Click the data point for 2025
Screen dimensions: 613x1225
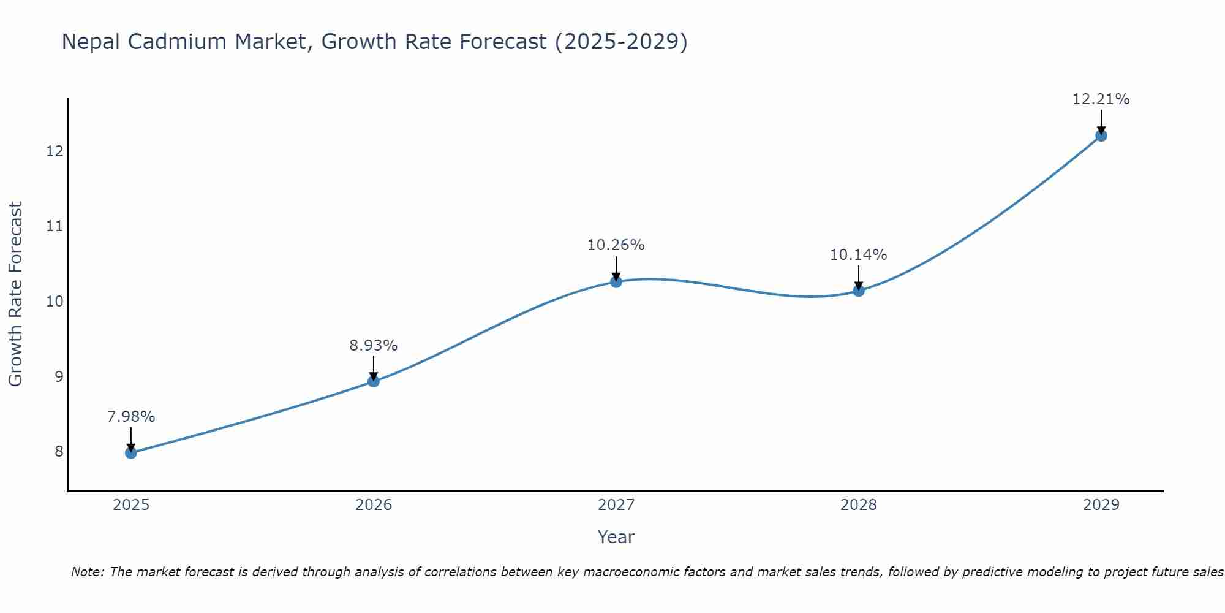(131, 453)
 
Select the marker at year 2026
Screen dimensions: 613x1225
(374, 381)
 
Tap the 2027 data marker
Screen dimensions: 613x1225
(616, 282)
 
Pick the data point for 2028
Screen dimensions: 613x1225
(859, 291)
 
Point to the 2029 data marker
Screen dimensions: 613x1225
(1101, 135)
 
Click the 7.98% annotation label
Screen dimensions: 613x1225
(131, 417)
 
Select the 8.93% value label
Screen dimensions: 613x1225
(374, 346)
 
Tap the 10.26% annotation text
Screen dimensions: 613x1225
(616, 245)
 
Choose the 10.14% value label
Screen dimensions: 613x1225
(859, 255)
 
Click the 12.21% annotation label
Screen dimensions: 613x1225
(1101, 99)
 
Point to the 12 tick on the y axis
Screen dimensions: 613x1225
(55, 151)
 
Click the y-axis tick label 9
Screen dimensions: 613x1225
(59, 376)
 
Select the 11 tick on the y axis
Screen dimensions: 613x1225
(55, 226)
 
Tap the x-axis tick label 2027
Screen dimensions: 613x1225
(616, 505)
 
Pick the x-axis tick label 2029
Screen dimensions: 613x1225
(1101, 505)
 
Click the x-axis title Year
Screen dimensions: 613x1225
(616, 537)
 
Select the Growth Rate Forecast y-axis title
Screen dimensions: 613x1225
(16, 294)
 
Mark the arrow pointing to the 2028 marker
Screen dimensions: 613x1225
(859, 278)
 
